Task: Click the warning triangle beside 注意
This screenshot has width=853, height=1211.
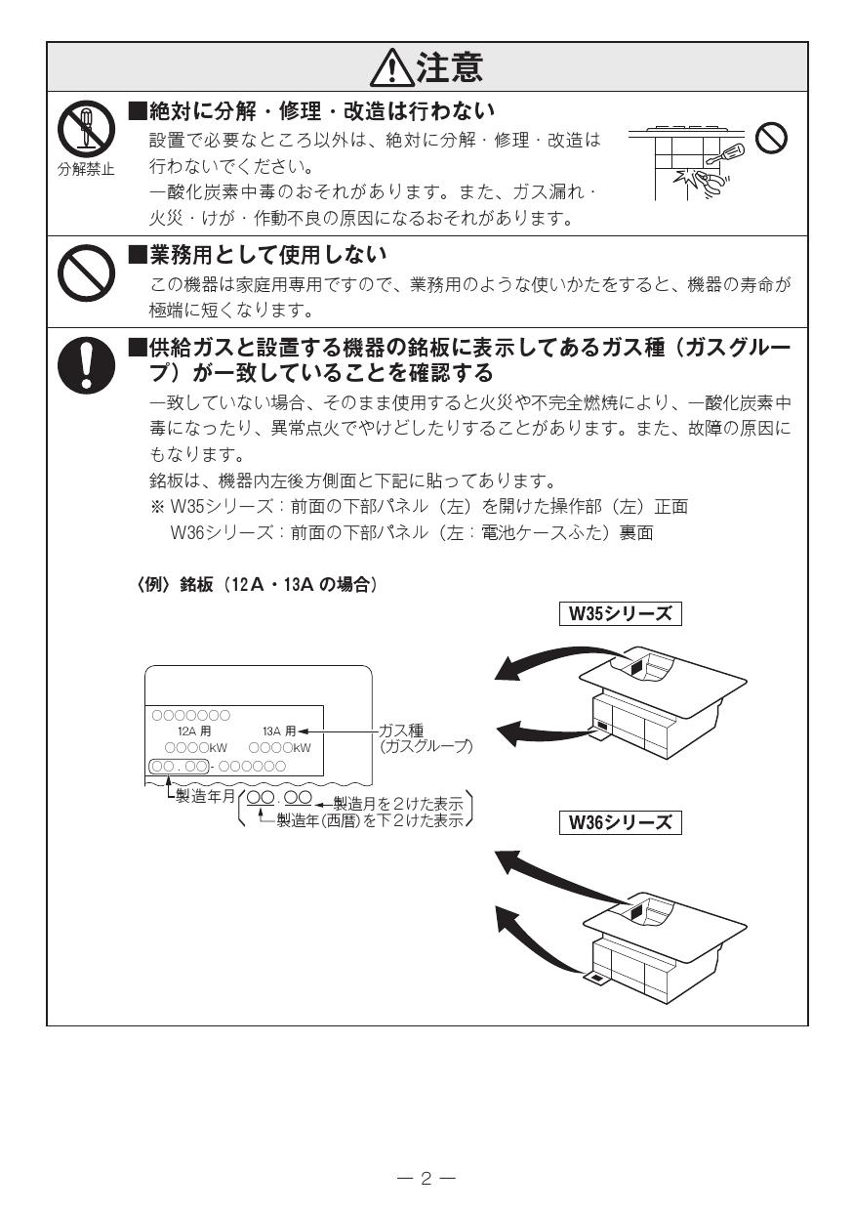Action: pyautogui.click(x=391, y=67)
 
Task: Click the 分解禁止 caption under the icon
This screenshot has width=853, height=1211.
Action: pyautogui.click(x=85, y=169)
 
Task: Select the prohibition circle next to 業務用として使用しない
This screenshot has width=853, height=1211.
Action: pyautogui.click(x=85, y=272)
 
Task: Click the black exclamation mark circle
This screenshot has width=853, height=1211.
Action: pyautogui.click(x=85, y=362)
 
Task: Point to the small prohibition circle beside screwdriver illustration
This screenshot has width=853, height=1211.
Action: pyautogui.click(x=772, y=140)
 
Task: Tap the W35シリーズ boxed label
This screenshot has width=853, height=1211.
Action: pyautogui.click(x=619, y=613)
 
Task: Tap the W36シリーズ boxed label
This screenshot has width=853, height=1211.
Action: pyautogui.click(x=619, y=821)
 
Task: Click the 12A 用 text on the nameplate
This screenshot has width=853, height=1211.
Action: pyautogui.click(x=193, y=731)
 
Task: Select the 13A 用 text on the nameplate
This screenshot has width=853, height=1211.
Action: pyautogui.click(x=278, y=731)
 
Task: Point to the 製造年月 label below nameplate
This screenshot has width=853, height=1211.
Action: pyautogui.click(x=205, y=796)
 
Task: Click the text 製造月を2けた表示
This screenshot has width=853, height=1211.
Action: pyautogui.click(x=398, y=803)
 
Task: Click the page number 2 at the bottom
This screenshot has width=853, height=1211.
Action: pyautogui.click(x=426, y=1178)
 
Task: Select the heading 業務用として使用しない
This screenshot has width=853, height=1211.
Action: pyautogui.click(x=267, y=256)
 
